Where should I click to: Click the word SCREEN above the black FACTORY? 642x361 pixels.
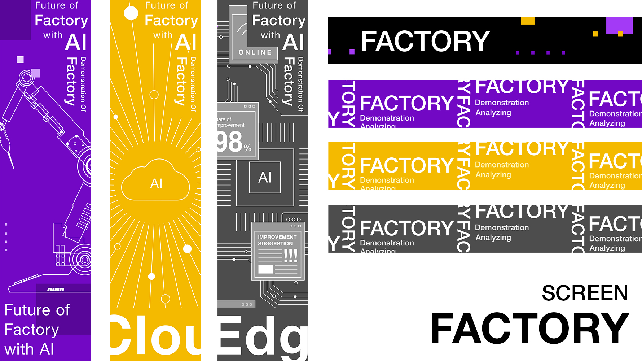point(585,293)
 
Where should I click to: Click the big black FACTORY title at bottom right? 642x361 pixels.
point(529,329)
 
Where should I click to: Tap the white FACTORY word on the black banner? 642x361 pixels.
point(425,41)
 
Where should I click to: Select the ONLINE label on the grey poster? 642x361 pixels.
point(255,52)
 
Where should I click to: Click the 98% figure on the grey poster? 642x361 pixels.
point(233,143)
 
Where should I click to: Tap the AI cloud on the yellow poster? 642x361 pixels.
point(156,182)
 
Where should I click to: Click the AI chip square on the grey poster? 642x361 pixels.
point(265,177)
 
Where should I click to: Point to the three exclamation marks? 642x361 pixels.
point(290,255)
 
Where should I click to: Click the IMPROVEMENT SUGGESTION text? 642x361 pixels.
point(277,240)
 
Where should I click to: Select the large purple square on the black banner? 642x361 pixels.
point(619,25)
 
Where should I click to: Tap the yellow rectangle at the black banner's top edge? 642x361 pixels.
point(527,21)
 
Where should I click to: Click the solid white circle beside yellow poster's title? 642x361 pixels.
point(131,13)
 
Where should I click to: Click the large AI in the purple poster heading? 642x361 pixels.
point(76,42)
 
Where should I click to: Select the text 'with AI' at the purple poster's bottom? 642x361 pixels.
point(30,349)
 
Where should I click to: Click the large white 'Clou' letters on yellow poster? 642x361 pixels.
point(155,336)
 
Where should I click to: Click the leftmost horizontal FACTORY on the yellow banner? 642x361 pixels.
point(406,165)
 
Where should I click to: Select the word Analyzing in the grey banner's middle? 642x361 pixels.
point(493,238)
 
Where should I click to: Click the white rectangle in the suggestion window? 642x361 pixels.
point(265,269)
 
